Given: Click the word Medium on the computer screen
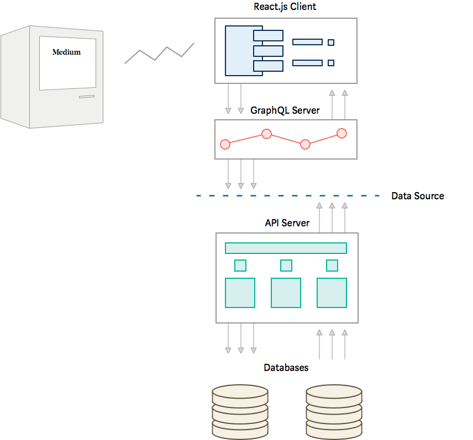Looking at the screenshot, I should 66,52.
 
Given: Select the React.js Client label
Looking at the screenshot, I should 285,7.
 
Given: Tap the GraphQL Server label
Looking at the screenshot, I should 285,110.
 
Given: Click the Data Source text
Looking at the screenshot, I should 417,196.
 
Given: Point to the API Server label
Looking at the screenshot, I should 287,223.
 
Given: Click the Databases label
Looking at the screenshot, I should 286,368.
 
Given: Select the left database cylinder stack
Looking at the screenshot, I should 240,411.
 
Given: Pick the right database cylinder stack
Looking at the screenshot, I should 334,411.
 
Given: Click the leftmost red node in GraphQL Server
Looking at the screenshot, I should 225,144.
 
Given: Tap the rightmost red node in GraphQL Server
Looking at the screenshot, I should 341,133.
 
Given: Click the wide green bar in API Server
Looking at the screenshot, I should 286,248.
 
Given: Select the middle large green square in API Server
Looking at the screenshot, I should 286,293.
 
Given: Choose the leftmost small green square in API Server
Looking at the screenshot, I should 240,266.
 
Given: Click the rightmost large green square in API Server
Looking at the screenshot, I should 332,293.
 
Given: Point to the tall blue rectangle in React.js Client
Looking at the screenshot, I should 239,50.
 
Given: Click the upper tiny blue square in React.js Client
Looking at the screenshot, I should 331,42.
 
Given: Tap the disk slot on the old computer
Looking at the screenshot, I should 86,97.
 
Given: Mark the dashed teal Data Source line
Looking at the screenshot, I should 287,196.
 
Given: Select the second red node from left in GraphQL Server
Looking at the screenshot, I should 266,134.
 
